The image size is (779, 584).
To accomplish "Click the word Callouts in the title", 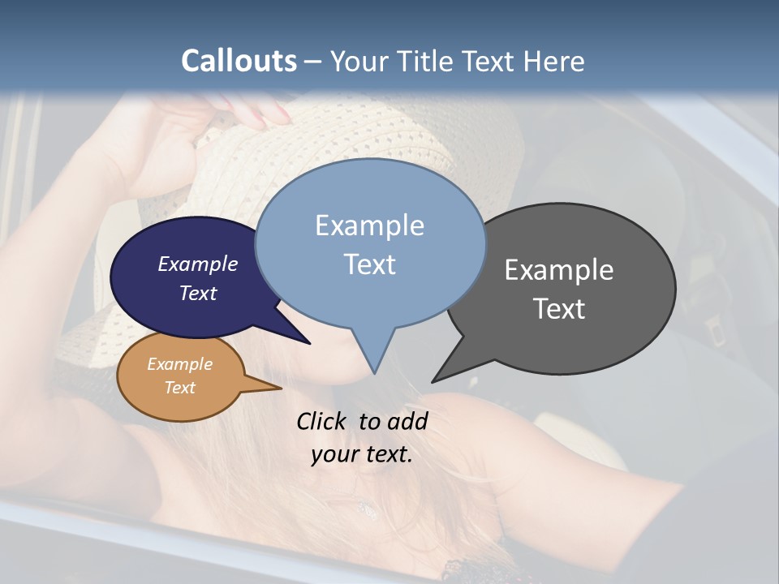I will coord(239,61).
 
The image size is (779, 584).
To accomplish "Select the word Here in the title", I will coord(554,62).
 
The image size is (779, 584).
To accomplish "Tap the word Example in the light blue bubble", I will coord(369,225).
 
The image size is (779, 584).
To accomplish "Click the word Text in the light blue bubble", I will coord(369,264).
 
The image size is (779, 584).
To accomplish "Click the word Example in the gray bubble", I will coord(558,270).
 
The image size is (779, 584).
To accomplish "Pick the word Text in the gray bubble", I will coord(559,309).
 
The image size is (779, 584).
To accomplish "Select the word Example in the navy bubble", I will coord(197,264).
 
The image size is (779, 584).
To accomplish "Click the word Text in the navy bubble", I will coord(197,294).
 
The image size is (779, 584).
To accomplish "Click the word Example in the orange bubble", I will coord(179,364).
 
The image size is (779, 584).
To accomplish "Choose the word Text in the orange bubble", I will coord(179,388).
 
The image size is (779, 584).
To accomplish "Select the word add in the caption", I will coord(407,421).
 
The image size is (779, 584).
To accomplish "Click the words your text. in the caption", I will coord(361,454).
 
